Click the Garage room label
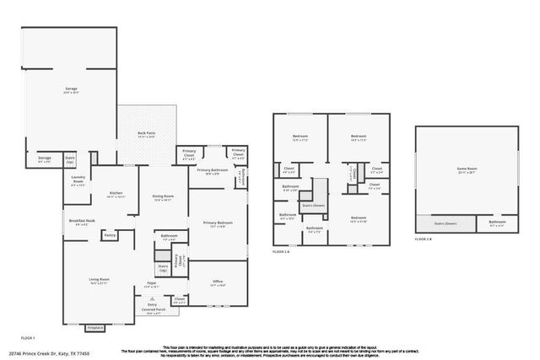point(72,88)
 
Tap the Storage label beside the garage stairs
point(45,159)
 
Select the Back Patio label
point(146,133)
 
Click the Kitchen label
point(116,193)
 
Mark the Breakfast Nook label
point(82,221)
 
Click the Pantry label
point(110,235)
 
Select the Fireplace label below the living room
point(95,327)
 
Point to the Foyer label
point(152,284)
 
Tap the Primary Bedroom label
point(217,223)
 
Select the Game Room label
point(467,169)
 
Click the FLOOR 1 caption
point(26,336)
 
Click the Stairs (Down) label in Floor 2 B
point(445,223)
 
